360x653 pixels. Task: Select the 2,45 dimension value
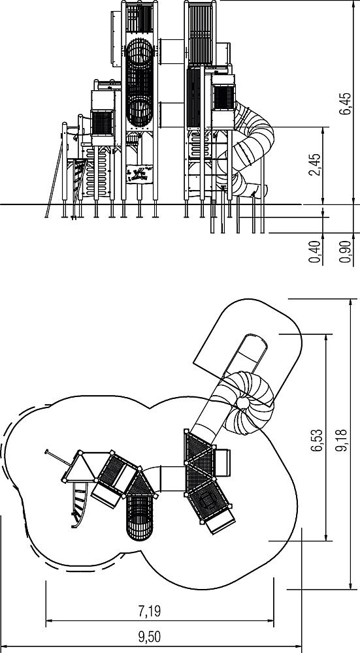tap(316, 165)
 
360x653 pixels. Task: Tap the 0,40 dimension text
tap(315, 251)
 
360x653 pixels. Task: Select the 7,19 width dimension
tap(149, 611)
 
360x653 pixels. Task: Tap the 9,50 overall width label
tap(149, 637)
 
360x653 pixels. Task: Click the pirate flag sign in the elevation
tap(139, 174)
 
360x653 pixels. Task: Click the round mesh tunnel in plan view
tap(140, 517)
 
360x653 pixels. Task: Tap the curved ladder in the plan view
tap(79, 505)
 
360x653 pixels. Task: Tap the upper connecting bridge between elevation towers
tap(171, 52)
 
